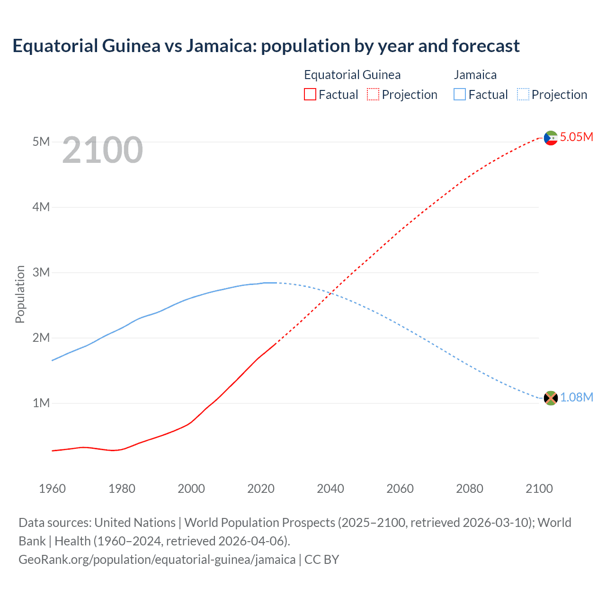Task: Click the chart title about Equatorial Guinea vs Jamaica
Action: tap(266, 46)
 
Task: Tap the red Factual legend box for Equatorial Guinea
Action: tap(310, 95)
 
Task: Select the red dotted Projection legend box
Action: tap(373, 95)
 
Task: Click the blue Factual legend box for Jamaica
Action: tap(459, 95)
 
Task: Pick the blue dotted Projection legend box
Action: tap(523, 95)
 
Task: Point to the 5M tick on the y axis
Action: tap(41, 142)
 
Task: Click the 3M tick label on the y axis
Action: tap(41, 272)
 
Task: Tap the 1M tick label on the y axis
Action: tap(41, 403)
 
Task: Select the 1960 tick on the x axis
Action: tap(52, 489)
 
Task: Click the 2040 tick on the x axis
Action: tap(330, 489)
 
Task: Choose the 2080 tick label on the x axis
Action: tap(470, 489)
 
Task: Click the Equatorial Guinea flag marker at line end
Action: tap(551, 138)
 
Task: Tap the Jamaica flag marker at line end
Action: tap(551, 398)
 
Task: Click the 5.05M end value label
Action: tap(576, 137)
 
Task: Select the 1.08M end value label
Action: tap(576, 398)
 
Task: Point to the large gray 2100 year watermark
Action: tap(102, 150)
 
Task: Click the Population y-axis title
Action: tap(20, 294)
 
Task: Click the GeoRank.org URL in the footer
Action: tap(157, 560)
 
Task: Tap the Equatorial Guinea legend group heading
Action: tap(352, 75)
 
